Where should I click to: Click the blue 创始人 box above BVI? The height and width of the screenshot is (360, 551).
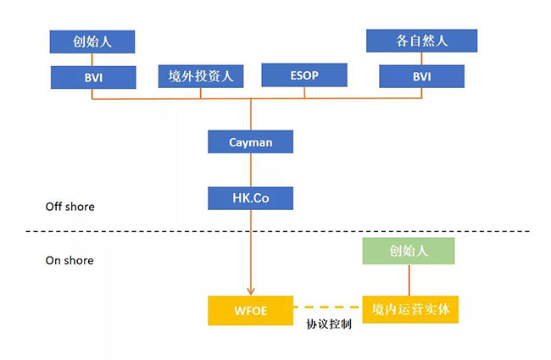92,41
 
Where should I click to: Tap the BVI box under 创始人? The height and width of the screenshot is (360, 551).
92,77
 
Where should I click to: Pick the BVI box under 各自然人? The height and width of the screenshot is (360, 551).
421,77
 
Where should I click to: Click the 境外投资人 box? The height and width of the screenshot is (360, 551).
201,77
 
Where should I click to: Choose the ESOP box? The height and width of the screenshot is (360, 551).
304,75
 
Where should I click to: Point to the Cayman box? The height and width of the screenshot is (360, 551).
251,141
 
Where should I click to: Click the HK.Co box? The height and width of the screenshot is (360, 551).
251,198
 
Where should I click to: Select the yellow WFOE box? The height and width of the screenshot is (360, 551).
251,310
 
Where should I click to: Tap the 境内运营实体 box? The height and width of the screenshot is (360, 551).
410,310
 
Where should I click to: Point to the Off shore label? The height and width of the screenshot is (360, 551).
70,207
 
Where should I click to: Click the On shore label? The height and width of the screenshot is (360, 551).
70,261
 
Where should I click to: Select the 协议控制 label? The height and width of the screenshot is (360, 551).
329,325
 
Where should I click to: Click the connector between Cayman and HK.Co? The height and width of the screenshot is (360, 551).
251,170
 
